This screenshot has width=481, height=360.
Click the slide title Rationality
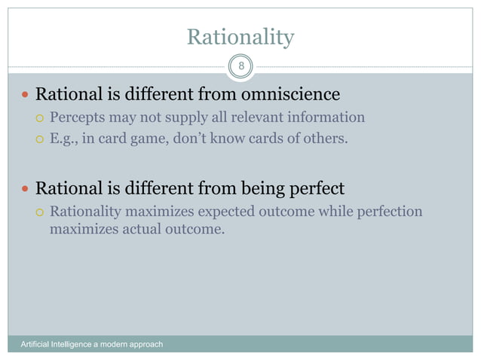click(240, 37)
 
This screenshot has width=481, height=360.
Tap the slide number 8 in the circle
click(240, 66)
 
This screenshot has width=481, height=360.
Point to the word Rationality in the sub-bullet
click(85, 211)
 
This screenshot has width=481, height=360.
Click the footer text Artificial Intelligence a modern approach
click(91, 345)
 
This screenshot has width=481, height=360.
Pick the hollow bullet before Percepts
click(41, 118)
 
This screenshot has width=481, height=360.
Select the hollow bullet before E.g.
click(41, 139)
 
